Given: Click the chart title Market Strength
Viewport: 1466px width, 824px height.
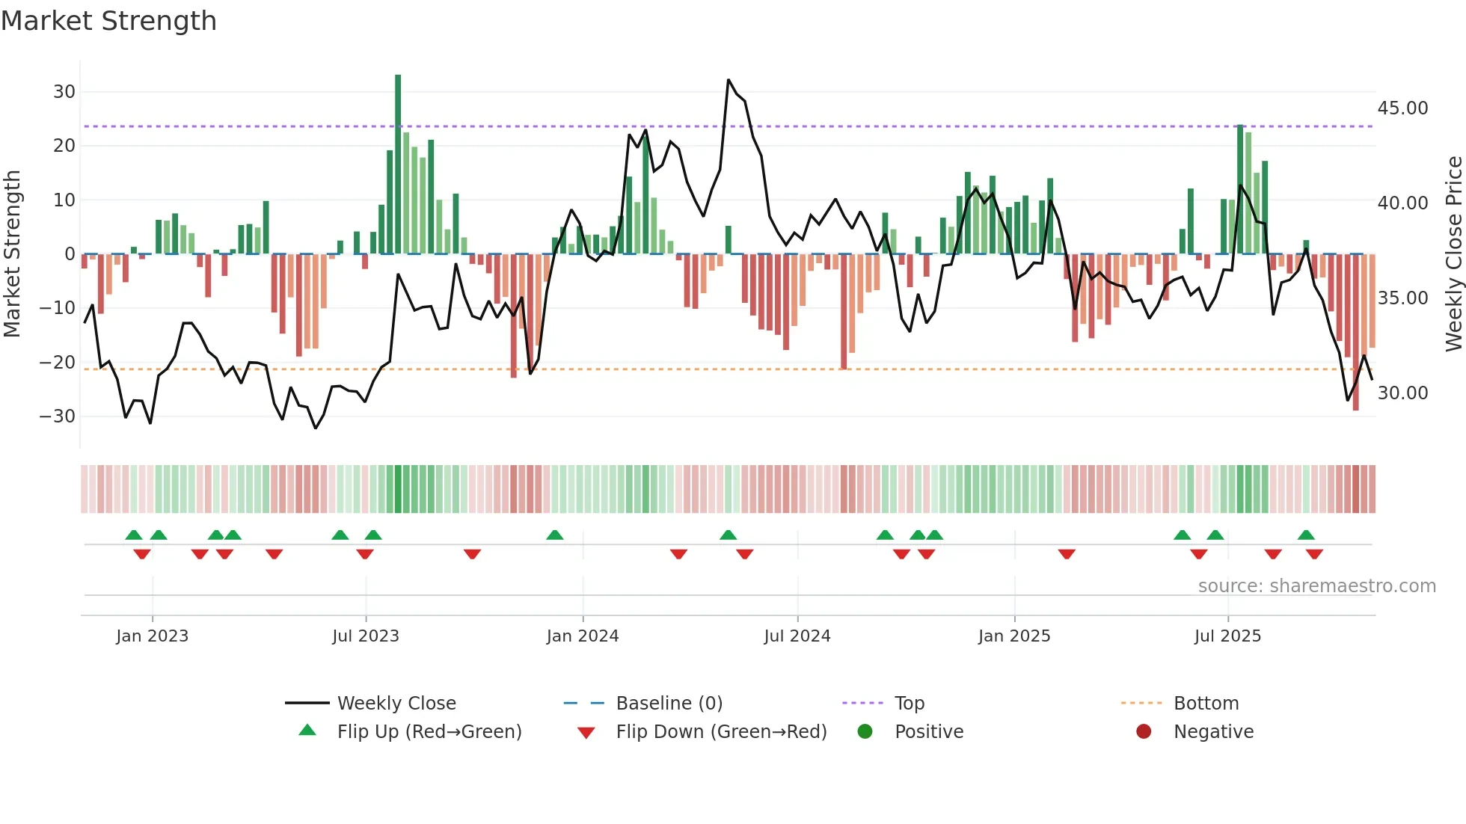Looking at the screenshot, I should click(x=108, y=21).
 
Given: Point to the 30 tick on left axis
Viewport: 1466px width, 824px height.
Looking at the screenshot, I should click(x=64, y=92).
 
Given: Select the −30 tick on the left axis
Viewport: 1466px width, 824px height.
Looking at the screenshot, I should click(x=58, y=416).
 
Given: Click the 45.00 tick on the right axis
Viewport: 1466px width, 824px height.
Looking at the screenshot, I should click(x=1402, y=108).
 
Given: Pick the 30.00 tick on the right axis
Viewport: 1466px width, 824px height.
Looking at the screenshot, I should click(x=1402, y=393).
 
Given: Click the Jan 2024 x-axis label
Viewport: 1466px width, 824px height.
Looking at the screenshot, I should click(x=583, y=636).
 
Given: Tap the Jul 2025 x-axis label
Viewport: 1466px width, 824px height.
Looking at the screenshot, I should click(x=1227, y=636).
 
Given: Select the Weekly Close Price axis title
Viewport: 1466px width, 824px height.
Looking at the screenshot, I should click(x=1453, y=254).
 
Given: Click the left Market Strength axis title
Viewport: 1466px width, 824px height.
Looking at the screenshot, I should click(x=12, y=254).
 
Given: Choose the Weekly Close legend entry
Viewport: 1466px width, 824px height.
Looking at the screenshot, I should click(x=396, y=704).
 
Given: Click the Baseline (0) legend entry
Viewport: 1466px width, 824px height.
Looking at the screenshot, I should click(x=669, y=704).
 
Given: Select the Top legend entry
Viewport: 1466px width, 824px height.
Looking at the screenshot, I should click(x=910, y=704).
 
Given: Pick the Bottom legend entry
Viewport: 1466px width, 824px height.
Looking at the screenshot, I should click(x=1206, y=704).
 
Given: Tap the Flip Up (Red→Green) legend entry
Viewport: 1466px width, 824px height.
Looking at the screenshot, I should click(x=429, y=732).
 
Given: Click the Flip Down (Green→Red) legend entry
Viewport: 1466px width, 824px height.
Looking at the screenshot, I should click(x=721, y=732).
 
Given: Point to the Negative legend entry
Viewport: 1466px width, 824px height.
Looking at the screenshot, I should click(x=1213, y=732).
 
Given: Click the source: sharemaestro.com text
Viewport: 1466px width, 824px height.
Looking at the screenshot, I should click(x=1316, y=586).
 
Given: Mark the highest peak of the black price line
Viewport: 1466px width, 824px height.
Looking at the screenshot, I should click(x=729, y=80).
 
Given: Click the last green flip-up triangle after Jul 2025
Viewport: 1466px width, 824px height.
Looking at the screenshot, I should click(x=1306, y=535).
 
